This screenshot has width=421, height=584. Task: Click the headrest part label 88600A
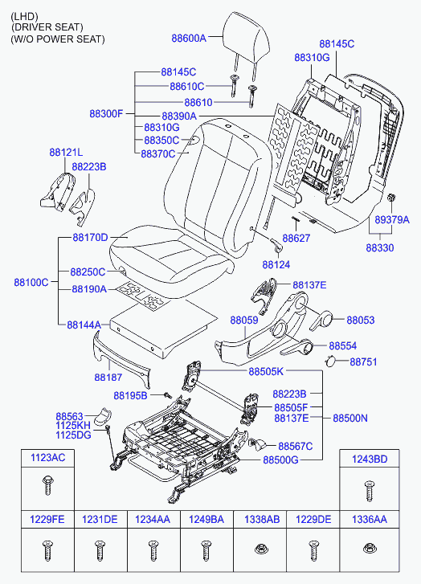(189, 38)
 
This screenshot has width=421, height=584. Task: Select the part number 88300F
(106, 113)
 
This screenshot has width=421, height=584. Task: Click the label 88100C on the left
(31, 282)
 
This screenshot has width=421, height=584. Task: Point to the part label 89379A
(392, 220)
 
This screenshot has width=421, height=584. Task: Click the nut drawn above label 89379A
(391, 197)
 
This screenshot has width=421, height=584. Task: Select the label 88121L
(66, 153)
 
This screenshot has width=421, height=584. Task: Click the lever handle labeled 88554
(297, 348)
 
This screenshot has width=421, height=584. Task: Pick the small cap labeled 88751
(330, 361)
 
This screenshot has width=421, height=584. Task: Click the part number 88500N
(349, 418)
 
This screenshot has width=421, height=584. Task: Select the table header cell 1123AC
(47, 458)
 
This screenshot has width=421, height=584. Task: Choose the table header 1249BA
(206, 519)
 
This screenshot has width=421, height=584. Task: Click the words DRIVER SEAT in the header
(47, 27)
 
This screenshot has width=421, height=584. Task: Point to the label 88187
(108, 378)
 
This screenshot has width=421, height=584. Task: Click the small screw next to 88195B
(167, 394)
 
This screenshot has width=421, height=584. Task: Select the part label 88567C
(296, 446)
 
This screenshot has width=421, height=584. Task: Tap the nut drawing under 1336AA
(369, 548)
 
